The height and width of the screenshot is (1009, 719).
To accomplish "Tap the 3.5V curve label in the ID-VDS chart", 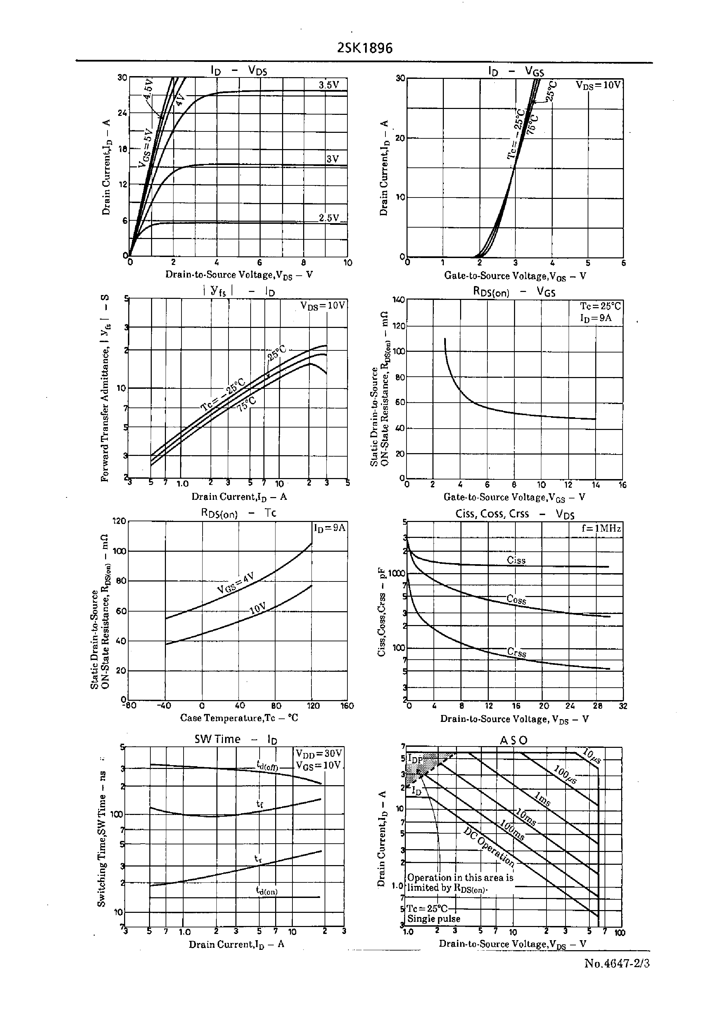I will (328, 85).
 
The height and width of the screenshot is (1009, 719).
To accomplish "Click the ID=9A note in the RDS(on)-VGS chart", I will (596, 318).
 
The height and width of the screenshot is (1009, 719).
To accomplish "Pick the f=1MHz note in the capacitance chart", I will (601, 529).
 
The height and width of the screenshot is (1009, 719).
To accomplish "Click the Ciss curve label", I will (516, 560).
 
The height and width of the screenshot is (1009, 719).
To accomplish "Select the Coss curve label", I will (516, 600).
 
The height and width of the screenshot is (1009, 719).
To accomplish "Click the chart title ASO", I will (514, 740).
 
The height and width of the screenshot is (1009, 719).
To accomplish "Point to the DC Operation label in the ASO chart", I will (489, 846).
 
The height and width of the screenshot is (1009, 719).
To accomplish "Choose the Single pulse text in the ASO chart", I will (433, 919).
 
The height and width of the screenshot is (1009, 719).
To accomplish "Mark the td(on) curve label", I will (267, 890).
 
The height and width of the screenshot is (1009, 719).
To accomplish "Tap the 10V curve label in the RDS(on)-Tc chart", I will (257, 608).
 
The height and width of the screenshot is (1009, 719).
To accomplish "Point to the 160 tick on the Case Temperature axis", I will (347, 706).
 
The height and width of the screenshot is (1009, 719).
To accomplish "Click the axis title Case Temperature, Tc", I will (239, 717).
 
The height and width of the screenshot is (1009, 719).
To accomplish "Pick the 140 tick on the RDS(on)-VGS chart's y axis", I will (399, 300).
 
